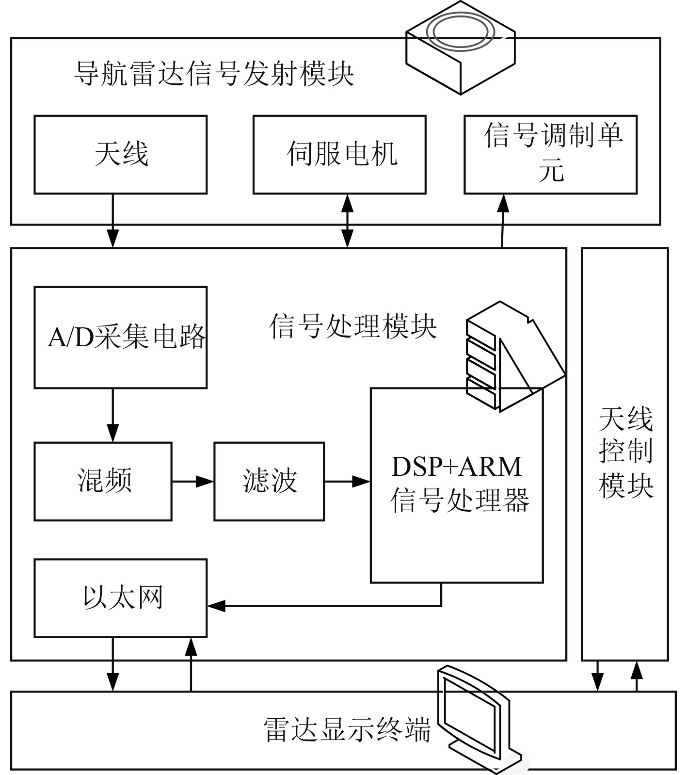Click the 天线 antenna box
(121, 155)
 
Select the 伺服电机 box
(339, 155)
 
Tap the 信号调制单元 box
(551, 155)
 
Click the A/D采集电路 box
(121, 338)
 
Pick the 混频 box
(103, 482)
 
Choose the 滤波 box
(269, 482)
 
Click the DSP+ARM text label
(457, 467)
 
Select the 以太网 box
(121, 598)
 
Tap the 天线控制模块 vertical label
(626, 452)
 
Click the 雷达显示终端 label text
(347, 729)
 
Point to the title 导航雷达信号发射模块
(214, 73)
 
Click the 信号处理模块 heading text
(353, 325)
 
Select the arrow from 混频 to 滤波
(193, 482)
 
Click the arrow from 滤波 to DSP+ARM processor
(348, 482)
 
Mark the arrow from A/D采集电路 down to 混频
(113, 415)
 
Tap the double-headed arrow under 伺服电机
(347, 221)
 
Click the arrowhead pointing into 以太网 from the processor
(216, 605)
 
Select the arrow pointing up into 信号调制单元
(503, 221)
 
